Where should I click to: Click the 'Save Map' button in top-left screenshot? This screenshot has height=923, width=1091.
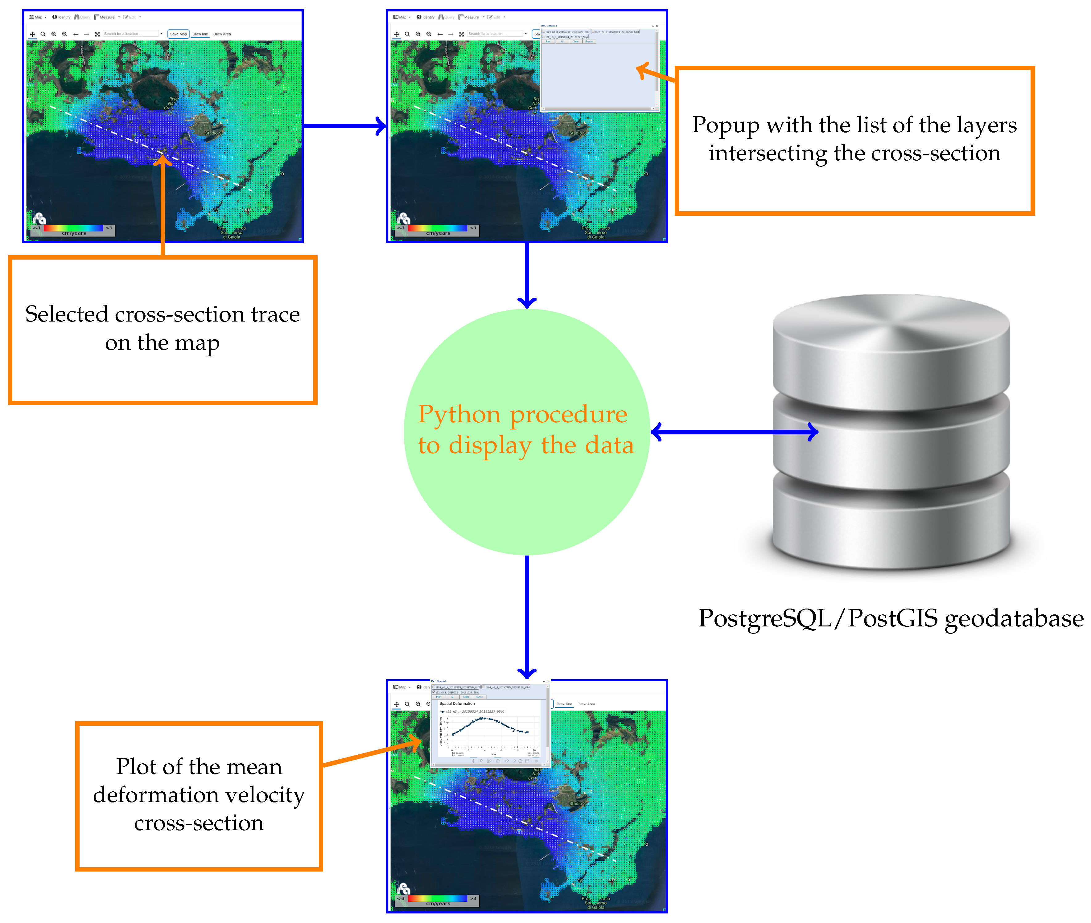coord(178,34)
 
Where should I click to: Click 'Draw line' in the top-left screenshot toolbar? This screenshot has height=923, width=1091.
coord(200,34)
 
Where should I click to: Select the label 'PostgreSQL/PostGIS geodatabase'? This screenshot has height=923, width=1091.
coord(891,618)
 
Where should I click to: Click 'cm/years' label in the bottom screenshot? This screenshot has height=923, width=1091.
coord(438,904)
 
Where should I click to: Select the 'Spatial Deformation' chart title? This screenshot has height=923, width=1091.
coord(457,703)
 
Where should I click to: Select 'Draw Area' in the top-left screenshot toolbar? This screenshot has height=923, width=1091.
coord(222,34)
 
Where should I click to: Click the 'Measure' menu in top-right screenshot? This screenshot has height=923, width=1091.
coord(470,17)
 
